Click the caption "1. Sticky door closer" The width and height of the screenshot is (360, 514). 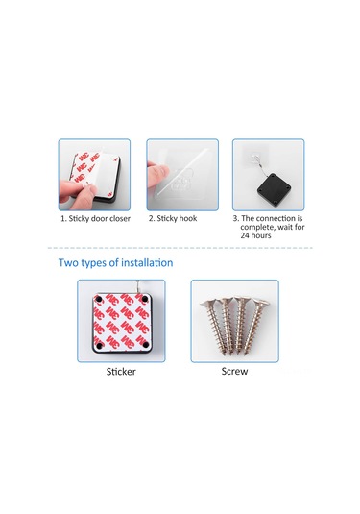click(x=95, y=219)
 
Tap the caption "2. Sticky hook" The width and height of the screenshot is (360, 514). click(x=173, y=218)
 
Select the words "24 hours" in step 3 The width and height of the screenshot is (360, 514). click(x=255, y=235)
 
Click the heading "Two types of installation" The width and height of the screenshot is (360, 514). click(x=115, y=263)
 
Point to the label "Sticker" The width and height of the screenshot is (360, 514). click(x=121, y=372)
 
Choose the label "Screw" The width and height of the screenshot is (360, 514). click(x=234, y=371)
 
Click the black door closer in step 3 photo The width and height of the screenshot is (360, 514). click(x=274, y=188)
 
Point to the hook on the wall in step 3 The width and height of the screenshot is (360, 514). click(x=253, y=158)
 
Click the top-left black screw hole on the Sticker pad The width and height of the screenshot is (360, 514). click(x=98, y=299)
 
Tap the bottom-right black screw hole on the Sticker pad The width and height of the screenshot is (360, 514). click(x=146, y=344)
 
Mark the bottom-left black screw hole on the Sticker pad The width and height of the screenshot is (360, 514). click(x=99, y=345)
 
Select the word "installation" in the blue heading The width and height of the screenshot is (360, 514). click(x=147, y=262)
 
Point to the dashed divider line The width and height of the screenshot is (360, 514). click(x=180, y=248)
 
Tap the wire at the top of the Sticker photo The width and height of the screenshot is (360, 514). click(x=137, y=285)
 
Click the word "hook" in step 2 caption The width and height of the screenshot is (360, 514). click(x=188, y=218)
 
